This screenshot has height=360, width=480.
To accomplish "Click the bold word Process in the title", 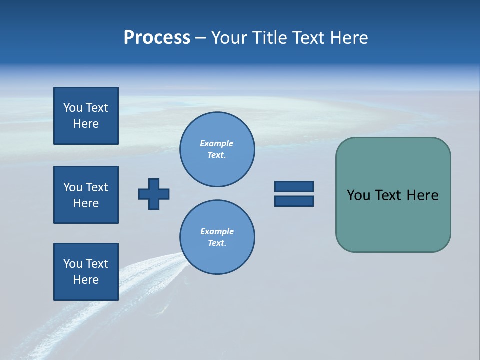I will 157,38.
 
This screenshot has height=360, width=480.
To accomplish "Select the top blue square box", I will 86,116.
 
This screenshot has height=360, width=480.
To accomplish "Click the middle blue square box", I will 86,195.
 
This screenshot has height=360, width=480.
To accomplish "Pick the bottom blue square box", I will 86,272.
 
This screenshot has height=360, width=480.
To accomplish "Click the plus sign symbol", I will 154,194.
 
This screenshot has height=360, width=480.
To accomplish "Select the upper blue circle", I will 217,149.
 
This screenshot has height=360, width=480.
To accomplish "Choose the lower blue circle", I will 217,237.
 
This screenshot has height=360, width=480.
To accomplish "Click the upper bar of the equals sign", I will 294,186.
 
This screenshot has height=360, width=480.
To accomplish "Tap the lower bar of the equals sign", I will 294,201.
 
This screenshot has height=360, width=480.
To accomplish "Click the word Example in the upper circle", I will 216,143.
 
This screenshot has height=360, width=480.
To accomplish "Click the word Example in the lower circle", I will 217,231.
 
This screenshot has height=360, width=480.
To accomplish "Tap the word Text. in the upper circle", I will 217,155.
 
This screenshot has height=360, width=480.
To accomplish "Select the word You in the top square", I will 73,108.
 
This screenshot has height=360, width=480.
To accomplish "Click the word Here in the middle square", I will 86,203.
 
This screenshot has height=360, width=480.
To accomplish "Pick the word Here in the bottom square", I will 86,280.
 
